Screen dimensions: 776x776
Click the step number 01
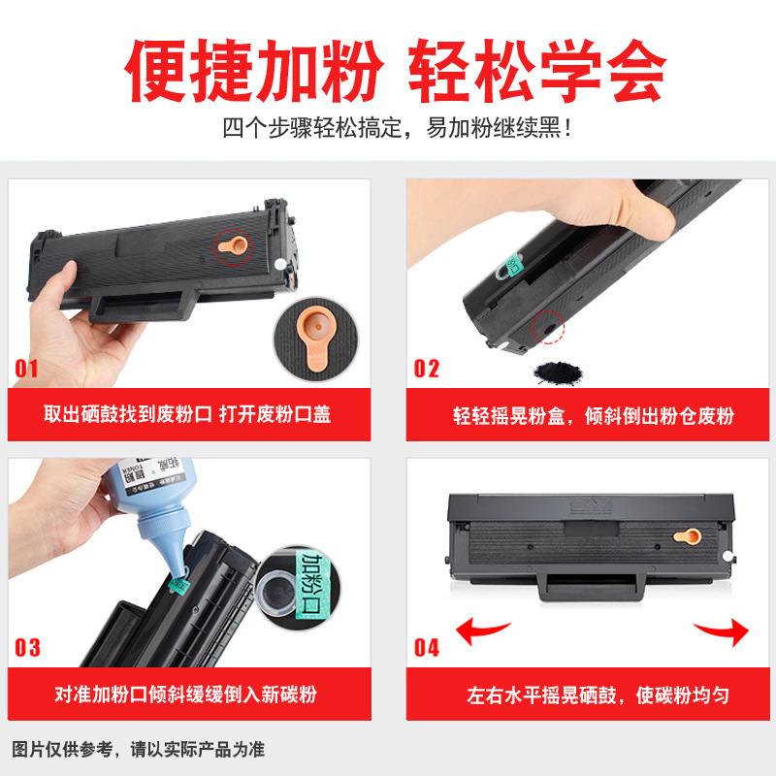coord(26,368)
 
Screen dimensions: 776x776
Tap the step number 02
coord(426,368)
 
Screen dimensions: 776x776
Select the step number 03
coord(27,647)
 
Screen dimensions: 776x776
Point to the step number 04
coord(427,647)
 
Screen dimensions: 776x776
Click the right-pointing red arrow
coord(723,630)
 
